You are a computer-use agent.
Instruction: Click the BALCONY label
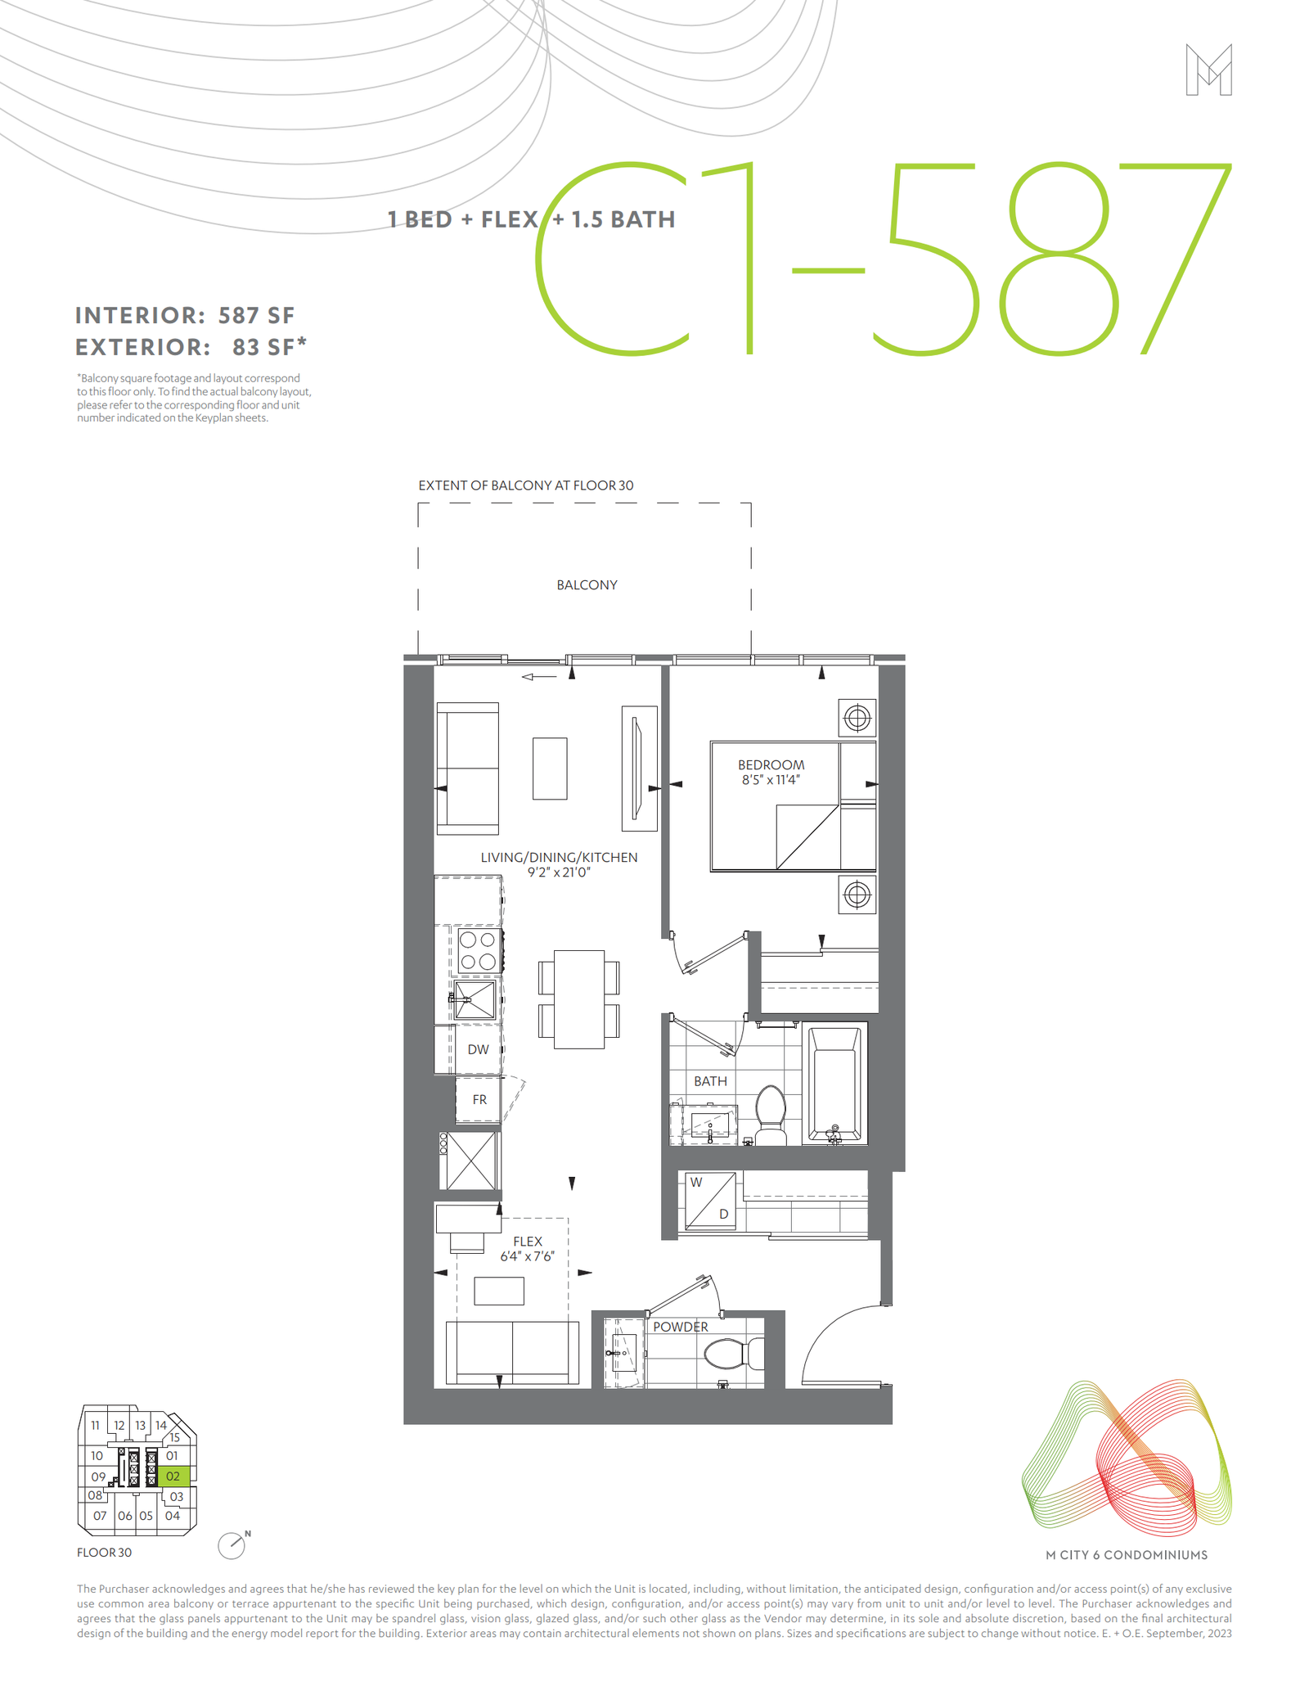tap(587, 585)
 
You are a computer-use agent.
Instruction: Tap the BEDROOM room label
tap(771, 765)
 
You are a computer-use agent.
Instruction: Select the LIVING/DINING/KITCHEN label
tap(559, 858)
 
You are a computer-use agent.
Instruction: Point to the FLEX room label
tap(528, 1242)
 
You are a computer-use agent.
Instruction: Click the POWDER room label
tap(681, 1327)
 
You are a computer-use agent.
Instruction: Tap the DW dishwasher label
tap(478, 1050)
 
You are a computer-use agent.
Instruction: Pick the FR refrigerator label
tap(479, 1100)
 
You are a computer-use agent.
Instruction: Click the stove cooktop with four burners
tap(478, 950)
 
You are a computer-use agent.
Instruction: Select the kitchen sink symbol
tap(475, 999)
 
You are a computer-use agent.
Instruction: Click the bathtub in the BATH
tap(834, 1084)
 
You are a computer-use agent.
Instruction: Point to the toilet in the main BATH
tap(770, 1114)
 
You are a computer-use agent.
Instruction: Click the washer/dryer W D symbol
tap(709, 1201)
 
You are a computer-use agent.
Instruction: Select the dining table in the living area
tap(579, 999)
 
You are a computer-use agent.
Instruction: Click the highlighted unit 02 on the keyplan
tap(173, 1476)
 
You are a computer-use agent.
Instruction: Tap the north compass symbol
tap(232, 1545)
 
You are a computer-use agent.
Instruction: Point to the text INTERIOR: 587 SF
tap(185, 316)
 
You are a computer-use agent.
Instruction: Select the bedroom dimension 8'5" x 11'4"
tap(771, 780)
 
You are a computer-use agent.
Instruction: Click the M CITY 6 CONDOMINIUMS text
tap(1127, 1555)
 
